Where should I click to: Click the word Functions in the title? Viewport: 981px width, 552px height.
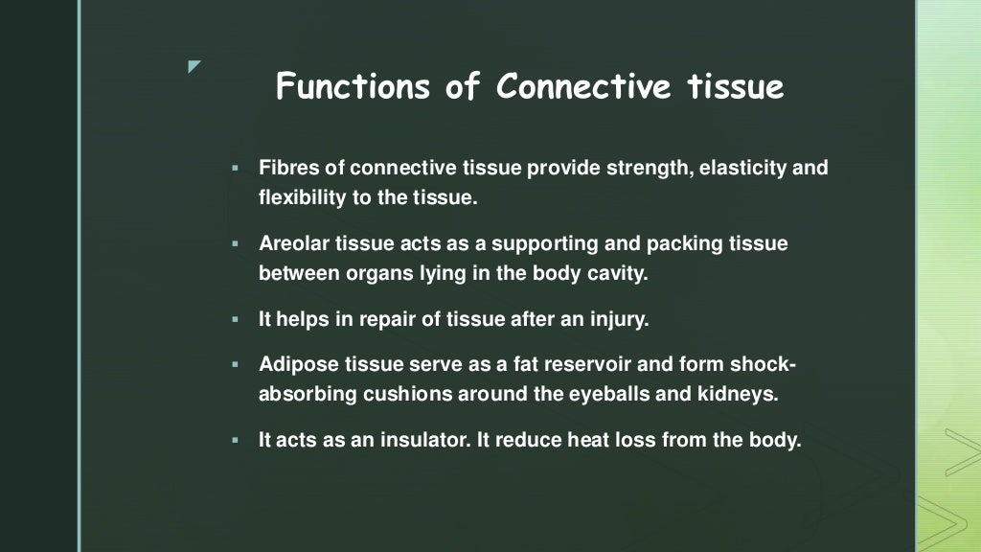tap(352, 87)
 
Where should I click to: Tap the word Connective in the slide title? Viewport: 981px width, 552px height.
tap(584, 87)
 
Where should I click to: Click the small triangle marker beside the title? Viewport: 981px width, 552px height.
tap(194, 67)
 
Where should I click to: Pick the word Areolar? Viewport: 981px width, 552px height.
tap(294, 244)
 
